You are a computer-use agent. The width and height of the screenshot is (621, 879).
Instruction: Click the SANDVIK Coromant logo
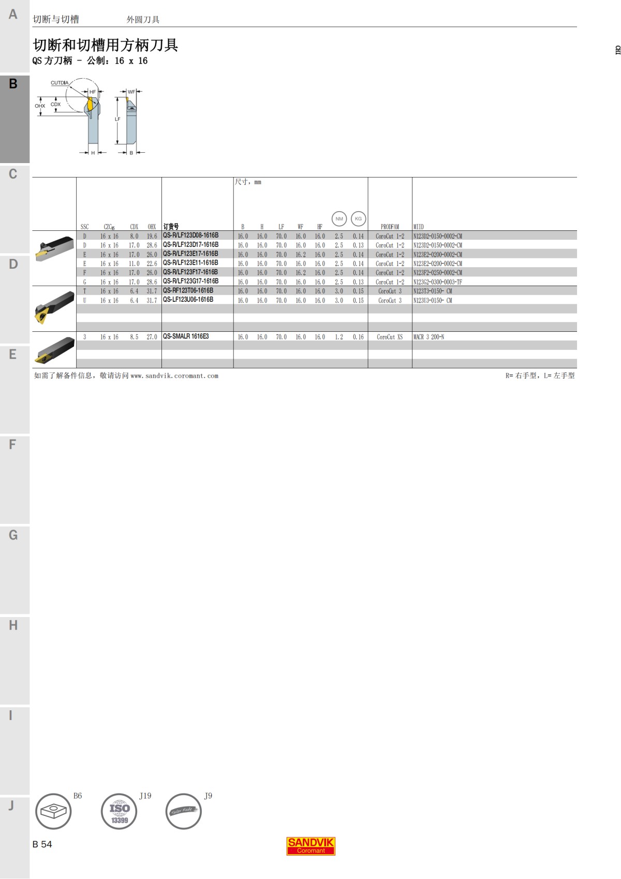pos(310,846)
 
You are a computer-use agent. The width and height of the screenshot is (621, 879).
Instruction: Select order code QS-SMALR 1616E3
pos(186,336)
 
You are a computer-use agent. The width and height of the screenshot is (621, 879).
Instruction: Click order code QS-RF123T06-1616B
pos(188,290)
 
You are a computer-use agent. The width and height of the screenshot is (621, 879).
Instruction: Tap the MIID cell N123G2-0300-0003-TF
pos(437,282)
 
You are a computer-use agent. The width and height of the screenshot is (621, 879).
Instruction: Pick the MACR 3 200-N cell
pos(428,336)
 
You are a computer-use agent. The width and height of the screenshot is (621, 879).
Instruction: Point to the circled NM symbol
pos(339,218)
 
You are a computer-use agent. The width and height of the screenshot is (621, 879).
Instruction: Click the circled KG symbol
pos(358,218)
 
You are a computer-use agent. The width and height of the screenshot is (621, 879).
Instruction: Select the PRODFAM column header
pos(390,227)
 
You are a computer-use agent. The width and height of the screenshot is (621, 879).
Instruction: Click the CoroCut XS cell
pos(390,336)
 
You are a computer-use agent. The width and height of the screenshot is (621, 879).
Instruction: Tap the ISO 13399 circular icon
pos(119,811)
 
